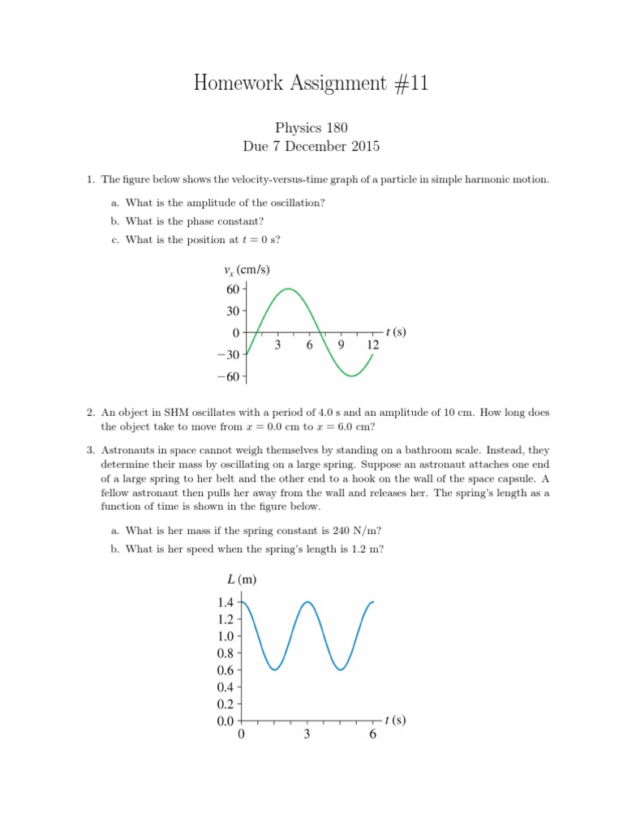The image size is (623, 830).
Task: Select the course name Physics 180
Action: tap(311, 127)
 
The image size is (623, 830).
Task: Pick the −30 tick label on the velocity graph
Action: tap(227, 355)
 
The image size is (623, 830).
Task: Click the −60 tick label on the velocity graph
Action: tap(227, 377)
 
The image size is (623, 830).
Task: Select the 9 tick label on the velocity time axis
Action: tap(341, 345)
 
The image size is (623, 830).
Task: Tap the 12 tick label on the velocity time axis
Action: tap(372, 345)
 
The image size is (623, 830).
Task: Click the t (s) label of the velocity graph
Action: tap(396, 332)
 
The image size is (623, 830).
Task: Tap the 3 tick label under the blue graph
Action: tap(307, 735)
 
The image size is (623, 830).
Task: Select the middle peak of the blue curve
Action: tap(307, 602)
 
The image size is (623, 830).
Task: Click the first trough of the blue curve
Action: tap(275, 670)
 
